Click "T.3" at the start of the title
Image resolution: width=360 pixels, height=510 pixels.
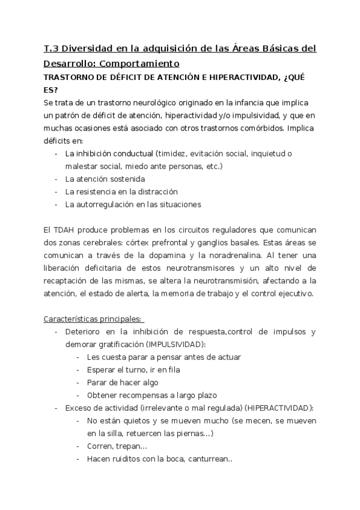(x=52, y=48)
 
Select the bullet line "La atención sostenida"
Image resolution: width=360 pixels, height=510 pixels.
(x=105, y=179)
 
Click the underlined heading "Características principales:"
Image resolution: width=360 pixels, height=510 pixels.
(x=93, y=318)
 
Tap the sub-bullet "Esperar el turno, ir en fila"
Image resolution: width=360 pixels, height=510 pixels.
(x=133, y=370)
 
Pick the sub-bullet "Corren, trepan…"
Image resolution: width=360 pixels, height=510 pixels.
(x=117, y=446)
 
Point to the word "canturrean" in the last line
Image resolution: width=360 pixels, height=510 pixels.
(x=208, y=458)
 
